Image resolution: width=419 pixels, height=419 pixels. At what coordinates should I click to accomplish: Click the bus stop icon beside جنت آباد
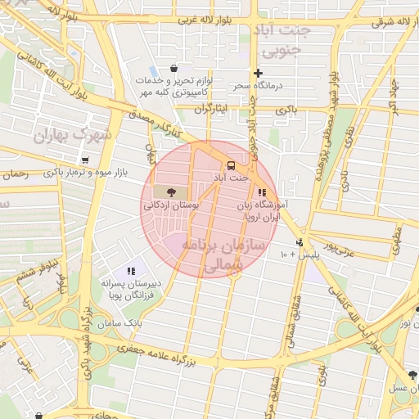tap(230, 164)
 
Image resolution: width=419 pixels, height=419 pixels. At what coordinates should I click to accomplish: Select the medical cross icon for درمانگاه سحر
tap(258, 73)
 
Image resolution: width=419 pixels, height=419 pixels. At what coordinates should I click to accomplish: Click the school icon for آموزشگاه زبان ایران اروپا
tap(262, 191)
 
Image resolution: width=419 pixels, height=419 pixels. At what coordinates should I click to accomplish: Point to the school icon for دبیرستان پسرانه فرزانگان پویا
tap(130, 271)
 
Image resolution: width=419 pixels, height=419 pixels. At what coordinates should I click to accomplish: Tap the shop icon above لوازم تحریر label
tap(173, 69)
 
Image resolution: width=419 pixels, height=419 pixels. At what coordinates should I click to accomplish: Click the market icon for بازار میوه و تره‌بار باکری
tap(84, 160)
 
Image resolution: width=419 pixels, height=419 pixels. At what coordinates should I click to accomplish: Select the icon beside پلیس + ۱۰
tap(300, 242)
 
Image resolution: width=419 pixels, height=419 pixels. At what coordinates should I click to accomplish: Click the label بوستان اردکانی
tap(171, 206)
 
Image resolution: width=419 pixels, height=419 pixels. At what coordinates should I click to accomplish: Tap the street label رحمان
tap(16, 174)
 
